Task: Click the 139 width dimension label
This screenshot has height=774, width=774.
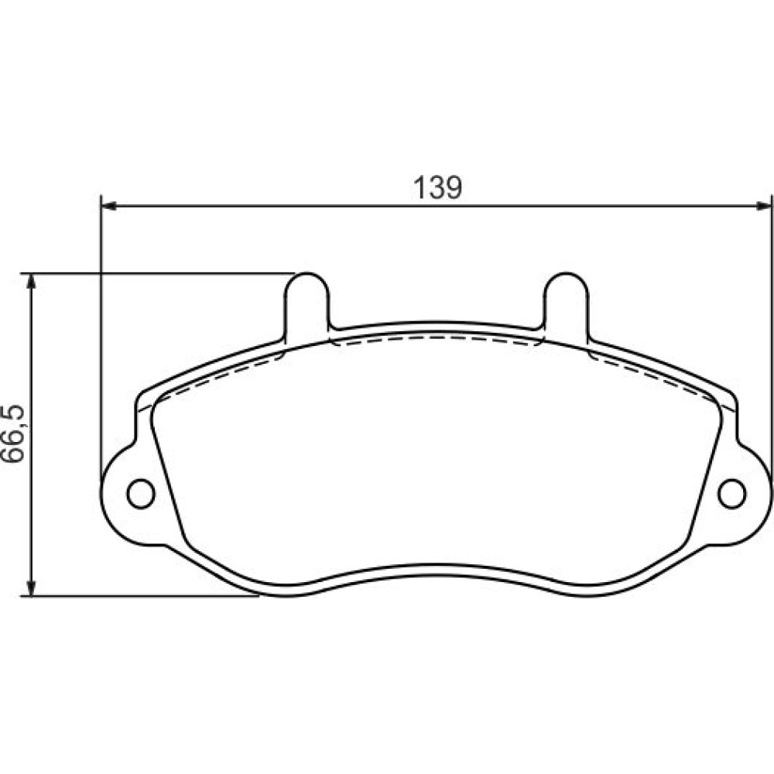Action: tap(438, 187)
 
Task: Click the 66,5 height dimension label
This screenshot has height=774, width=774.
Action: tap(12, 433)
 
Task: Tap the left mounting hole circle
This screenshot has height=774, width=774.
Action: tap(141, 493)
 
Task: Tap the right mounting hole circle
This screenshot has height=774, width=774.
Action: tap(731, 493)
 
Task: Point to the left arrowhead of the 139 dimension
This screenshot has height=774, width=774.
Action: tap(108, 206)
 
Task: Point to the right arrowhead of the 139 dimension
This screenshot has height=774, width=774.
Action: tap(762, 206)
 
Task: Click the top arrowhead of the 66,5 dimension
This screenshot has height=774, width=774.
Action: tap(31, 282)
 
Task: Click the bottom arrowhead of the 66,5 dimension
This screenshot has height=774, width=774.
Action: tap(31, 588)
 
